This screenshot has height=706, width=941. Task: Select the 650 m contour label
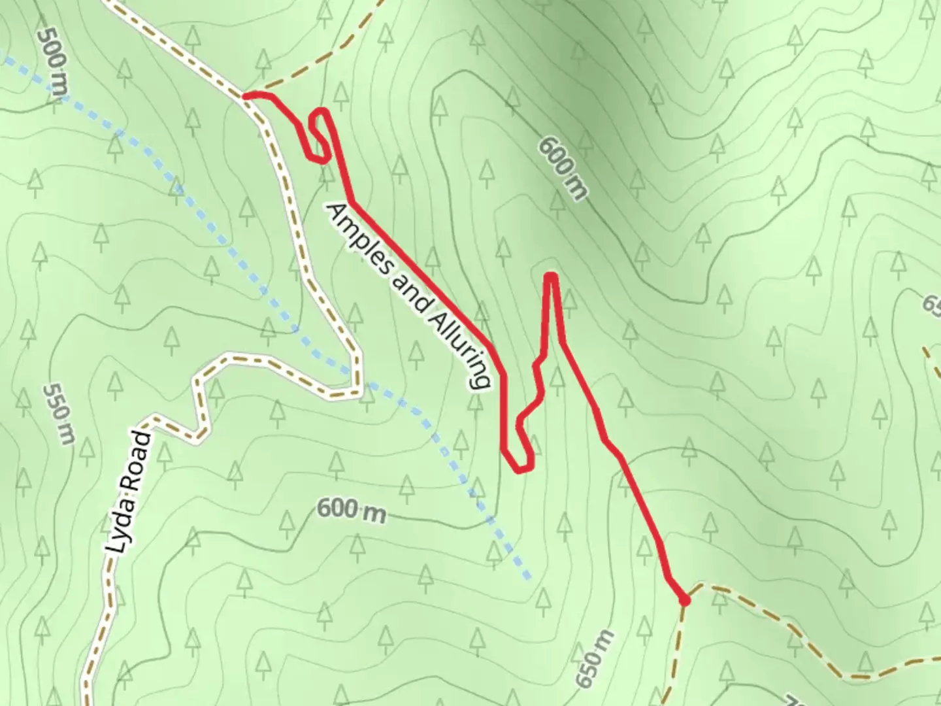tap(596, 660)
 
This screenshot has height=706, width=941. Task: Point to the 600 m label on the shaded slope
tap(563, 168)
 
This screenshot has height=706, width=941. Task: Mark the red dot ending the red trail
tap(684, 599)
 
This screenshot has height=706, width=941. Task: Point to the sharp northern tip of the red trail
tap(552, 277)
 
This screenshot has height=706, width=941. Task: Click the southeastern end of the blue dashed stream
tap(529, 577)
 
